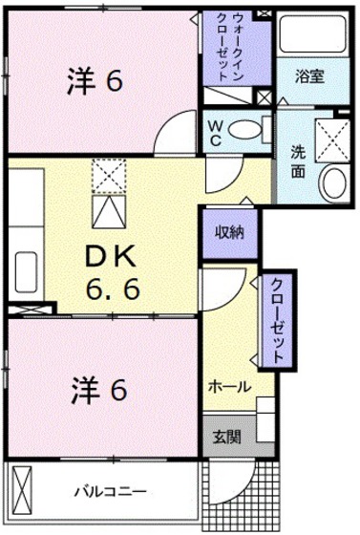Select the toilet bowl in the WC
(x=246, y=130)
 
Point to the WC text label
(x=217, y=130)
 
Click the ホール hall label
(x=230, y=387)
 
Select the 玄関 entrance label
(x=226, y=438)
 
